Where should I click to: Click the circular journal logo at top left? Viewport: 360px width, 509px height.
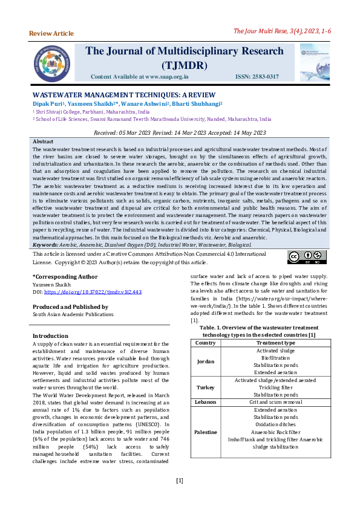(x=53, y=61)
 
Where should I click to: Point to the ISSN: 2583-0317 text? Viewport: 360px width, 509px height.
(x=257, y=77)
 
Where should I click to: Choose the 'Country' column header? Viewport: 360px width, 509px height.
(x=206, y=343)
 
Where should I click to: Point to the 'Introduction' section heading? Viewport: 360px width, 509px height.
(x=50, y=336)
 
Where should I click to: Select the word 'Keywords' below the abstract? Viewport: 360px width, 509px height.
(x=45, y=245)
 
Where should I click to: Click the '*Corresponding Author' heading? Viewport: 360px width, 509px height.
(x=64, y=276)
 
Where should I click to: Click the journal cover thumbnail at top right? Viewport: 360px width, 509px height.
(x=315, y=62)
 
